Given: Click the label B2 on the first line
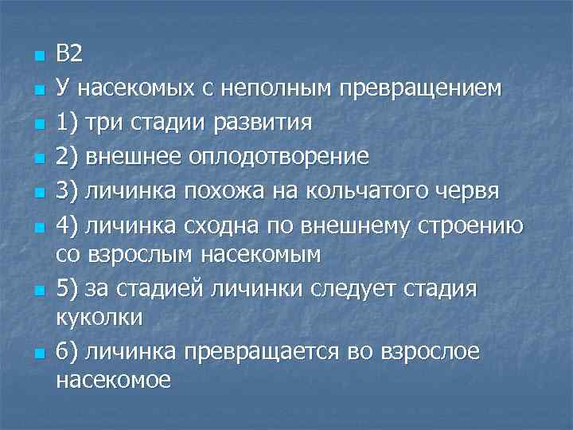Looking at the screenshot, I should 69,54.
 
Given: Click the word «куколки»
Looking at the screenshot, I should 99,317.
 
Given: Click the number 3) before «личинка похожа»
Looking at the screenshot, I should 68,190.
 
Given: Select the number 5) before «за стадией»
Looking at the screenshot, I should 68,288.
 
